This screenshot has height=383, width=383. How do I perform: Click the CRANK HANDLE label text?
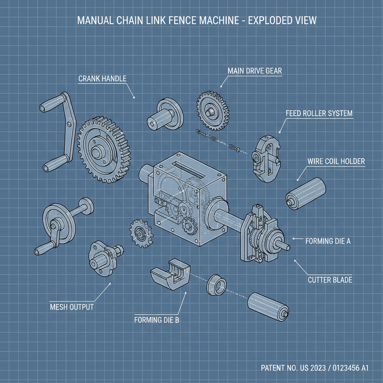click(102, 79)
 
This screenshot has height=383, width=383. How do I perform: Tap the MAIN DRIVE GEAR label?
click(255, 70)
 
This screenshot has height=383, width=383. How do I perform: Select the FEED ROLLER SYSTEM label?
click(319, 113)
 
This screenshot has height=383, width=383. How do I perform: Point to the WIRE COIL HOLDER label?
click(336, 161)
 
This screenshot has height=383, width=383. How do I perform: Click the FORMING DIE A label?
click(328, 241)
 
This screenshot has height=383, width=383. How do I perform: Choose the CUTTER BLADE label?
click(330, 280)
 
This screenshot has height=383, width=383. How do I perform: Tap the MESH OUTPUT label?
click(71, 307)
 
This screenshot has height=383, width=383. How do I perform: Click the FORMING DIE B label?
click(157, 320)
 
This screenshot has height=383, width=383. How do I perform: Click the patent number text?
click(315, 368)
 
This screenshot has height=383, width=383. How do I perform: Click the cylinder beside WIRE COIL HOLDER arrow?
click(306, 191)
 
